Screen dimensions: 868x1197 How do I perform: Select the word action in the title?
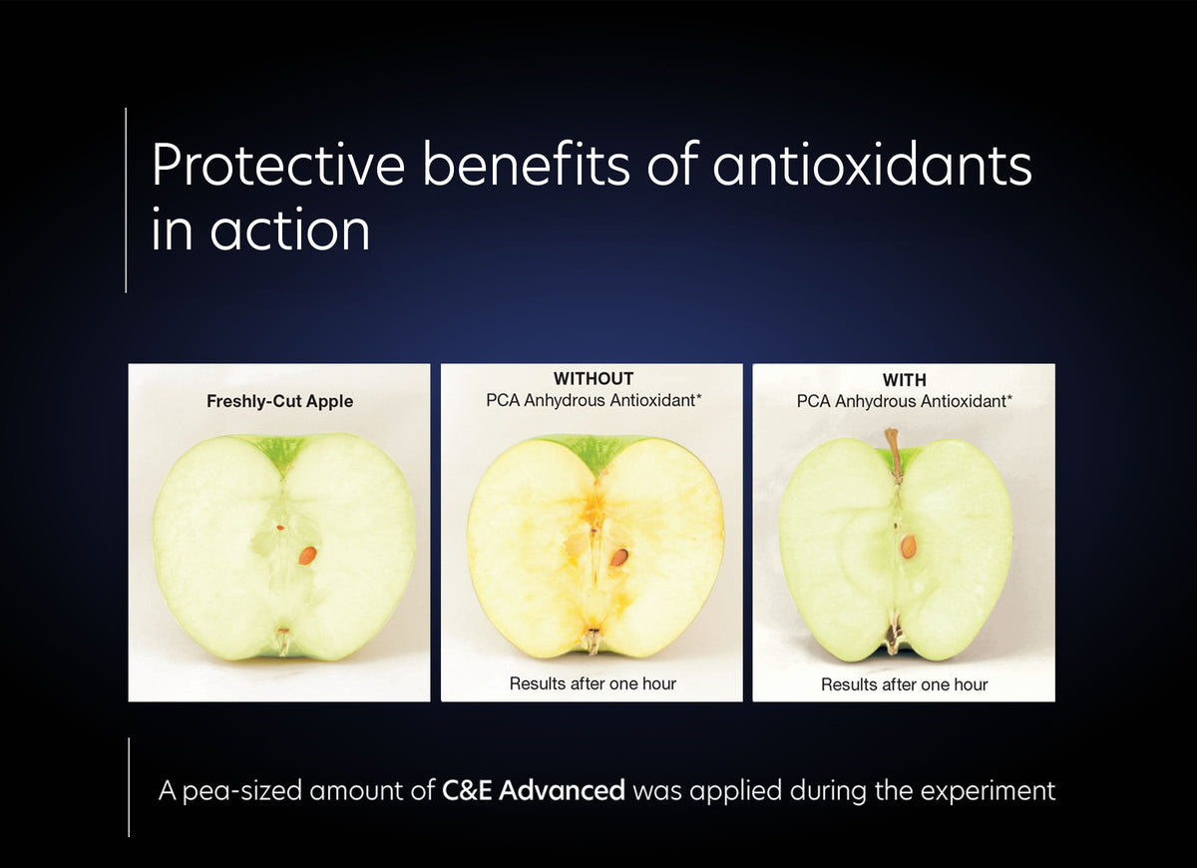coord(289,230)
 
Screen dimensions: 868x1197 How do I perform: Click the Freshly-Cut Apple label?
coord(279,402)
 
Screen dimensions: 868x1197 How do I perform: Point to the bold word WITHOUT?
coord(593,379)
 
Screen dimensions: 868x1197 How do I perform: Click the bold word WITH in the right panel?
coord(904,380)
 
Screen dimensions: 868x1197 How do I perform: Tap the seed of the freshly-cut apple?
coord(308,555)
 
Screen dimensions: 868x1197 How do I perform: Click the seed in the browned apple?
coord(619,557)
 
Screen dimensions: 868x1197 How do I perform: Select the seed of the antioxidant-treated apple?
coord(908,546)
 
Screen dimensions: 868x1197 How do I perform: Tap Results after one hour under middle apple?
coord(593,683)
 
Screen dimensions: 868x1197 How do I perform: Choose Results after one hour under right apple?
coord(904,684)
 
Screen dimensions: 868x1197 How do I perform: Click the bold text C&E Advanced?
coord(534,791)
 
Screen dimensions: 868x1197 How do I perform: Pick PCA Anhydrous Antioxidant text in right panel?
coord(904,401)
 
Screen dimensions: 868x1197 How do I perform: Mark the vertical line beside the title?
coord(126,200)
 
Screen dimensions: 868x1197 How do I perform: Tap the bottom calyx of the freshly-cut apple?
coord(283,640)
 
